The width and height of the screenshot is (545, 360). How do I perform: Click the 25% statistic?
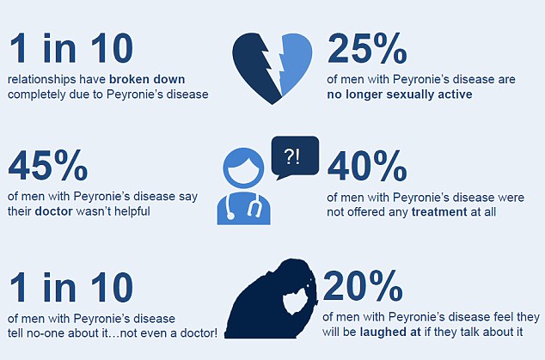point(367,48)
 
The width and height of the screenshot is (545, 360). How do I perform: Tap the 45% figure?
point(47,165)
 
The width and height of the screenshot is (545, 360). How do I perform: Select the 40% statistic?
point(367,166)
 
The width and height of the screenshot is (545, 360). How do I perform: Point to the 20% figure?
point(363,285)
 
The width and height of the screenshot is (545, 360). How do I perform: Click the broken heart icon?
point(272,68)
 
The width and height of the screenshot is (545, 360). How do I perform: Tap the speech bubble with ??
point(295,157)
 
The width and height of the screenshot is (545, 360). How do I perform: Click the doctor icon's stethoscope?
point(243,207)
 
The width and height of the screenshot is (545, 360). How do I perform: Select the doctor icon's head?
point(243,168)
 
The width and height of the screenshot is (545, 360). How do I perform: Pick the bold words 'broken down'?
point(147,79)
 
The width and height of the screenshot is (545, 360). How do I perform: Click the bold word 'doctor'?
point(54,211)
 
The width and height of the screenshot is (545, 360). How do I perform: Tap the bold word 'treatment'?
point(439,212)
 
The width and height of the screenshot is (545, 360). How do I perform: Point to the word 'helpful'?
point(132,211)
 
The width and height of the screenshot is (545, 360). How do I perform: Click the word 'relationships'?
point(42,79)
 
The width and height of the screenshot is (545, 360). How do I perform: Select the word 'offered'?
point(366,212)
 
